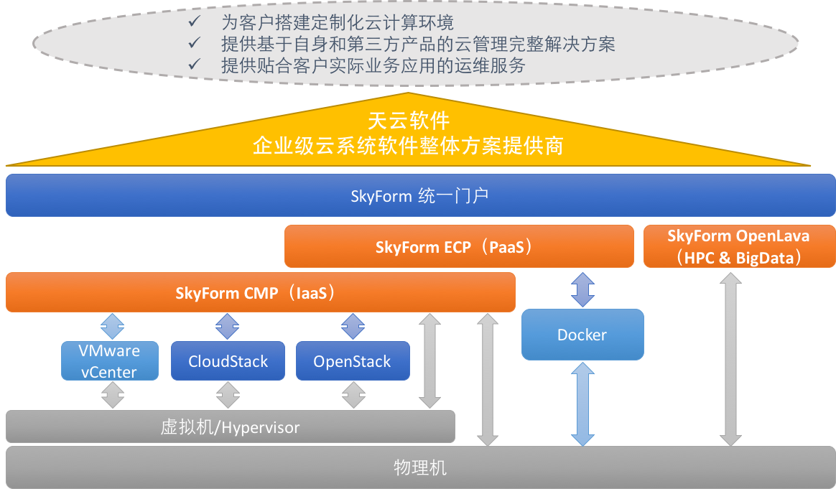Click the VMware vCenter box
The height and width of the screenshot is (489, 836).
[110, 360]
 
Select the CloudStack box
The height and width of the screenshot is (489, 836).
[228, 360]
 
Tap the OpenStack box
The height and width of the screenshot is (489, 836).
[352, 360]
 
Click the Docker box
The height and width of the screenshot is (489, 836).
[582, 335]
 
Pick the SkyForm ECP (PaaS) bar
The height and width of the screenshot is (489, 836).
[459, 246]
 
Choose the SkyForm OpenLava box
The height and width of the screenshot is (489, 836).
[739, 246]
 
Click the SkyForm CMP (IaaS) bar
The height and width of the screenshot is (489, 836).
[260, 292]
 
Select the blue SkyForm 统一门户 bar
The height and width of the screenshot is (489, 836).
[420, 195]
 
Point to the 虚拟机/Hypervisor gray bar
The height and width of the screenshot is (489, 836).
[230, 427]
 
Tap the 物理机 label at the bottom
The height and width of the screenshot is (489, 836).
[420, 468]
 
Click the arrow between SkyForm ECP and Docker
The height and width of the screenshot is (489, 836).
[582, 289]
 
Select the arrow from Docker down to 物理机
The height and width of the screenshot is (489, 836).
[582, 404]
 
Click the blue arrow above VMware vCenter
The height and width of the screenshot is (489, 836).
[112, 327]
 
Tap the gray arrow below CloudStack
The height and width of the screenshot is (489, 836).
[228, 395]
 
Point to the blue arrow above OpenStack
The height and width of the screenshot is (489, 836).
[353, 327]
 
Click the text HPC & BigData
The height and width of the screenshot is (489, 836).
[739, 257]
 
